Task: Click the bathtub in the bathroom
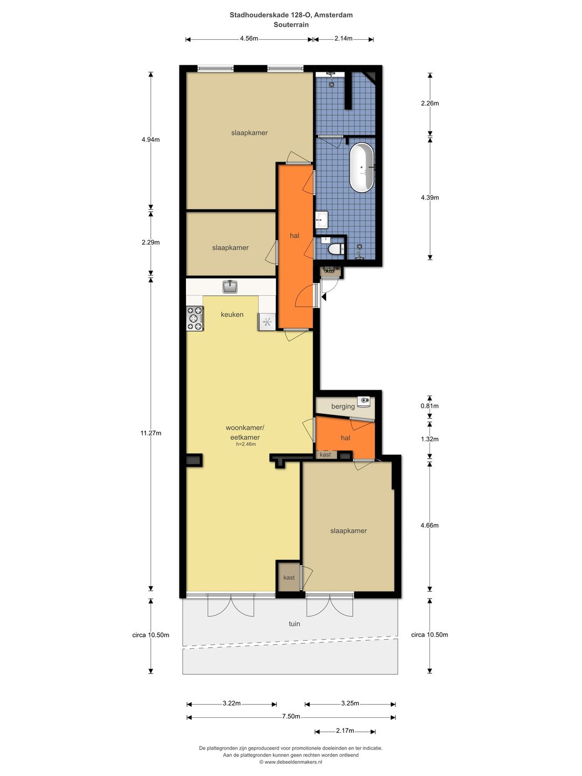[x=362, y=168]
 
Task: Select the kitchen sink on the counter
[x=230, y=286]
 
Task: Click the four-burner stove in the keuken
[x=195, y=318]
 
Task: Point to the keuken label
[x=232, y=315]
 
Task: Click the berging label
[x=343, y=406]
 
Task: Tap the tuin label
[x=294, y=624]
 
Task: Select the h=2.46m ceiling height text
[x=246, y=445]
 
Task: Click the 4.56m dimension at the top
[x=249, y=39]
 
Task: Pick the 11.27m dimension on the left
[x=151, y=433]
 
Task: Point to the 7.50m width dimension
[x=291, y=717]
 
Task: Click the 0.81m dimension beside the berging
[x=429, y=406]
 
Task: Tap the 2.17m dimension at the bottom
[x=345, y=731]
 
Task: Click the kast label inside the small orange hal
[x=325, y=455]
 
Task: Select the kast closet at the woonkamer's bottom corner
[x=289, y=578]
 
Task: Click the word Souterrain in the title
[x=291, y=25]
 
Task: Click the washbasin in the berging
[x=365, y=401]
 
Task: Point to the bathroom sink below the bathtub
[x=322, y=219]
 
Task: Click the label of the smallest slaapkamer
[x=231, y=248]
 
